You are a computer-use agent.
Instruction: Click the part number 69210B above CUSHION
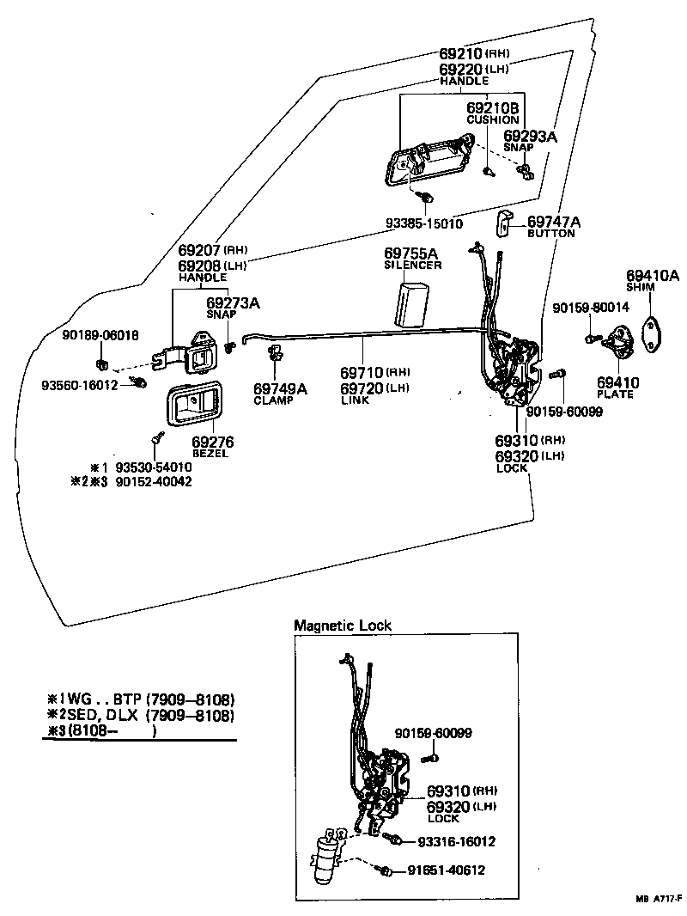493,108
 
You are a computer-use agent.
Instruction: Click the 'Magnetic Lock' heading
343,626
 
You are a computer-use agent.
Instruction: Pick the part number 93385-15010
423,223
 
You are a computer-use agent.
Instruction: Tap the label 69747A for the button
554,222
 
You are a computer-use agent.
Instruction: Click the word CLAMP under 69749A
274,400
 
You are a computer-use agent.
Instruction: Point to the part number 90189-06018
100,334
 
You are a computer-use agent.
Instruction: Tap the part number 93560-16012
80,385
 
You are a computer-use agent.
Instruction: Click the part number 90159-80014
591,307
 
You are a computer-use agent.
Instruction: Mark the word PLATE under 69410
616,394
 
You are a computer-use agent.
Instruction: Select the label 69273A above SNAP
233,302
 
